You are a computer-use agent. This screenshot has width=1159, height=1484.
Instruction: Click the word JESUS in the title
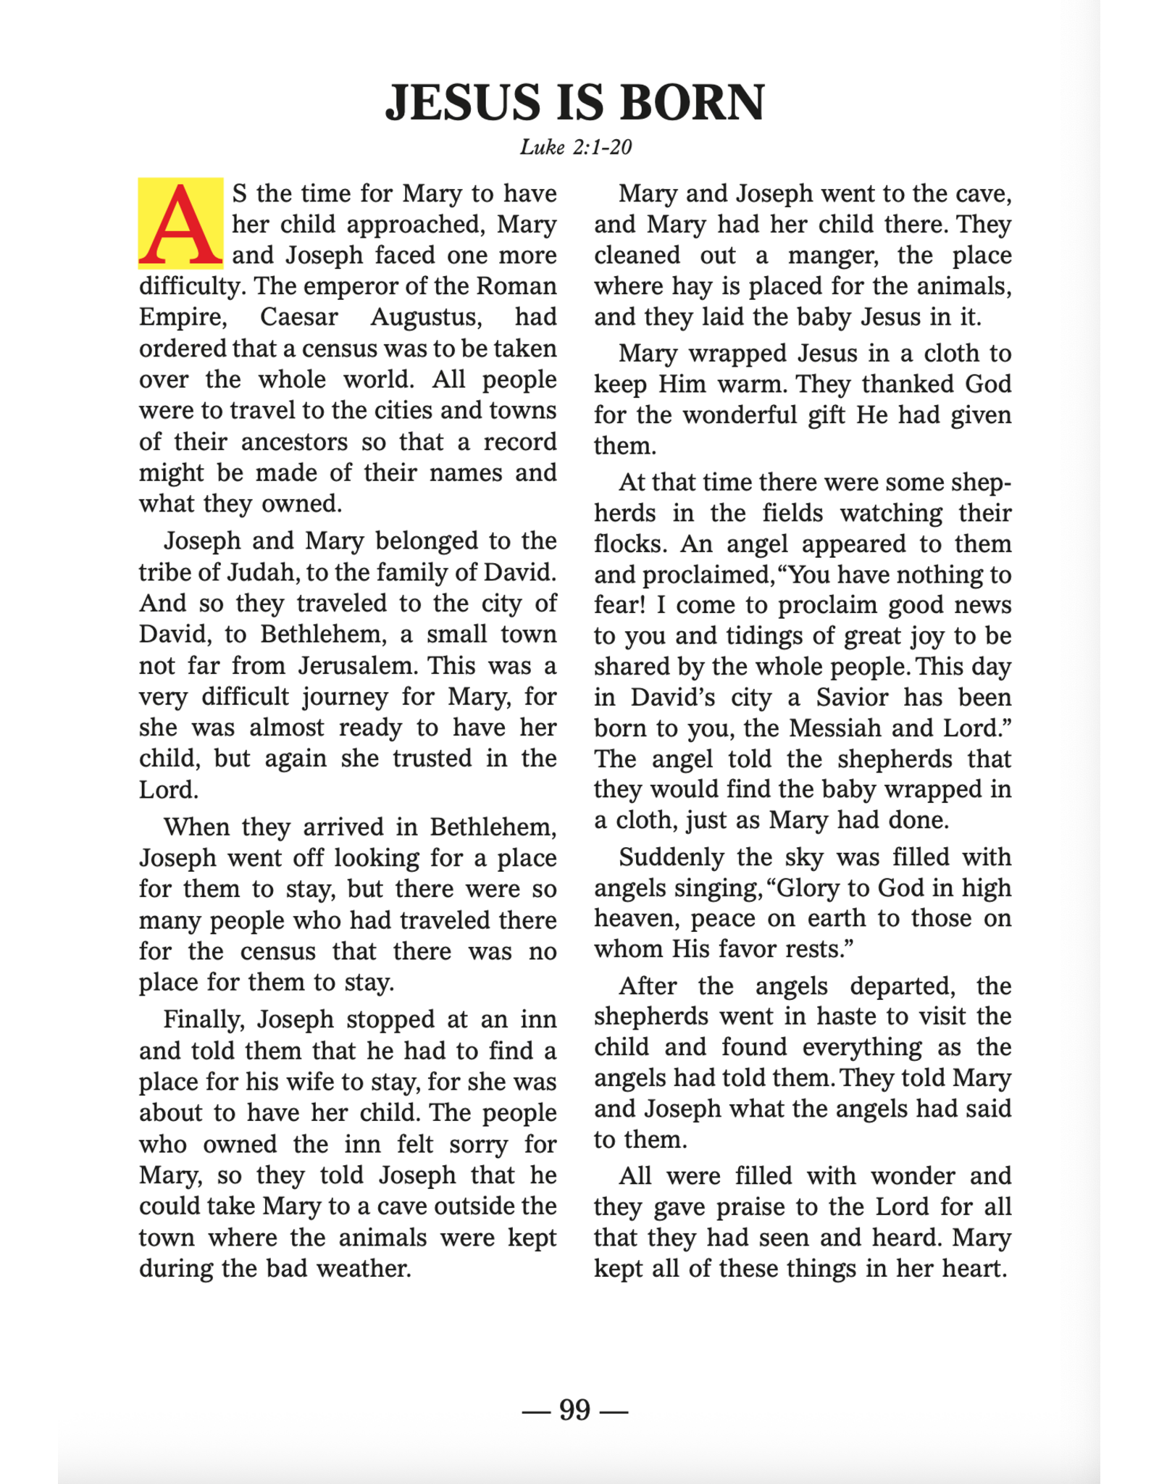[x=464, y=102]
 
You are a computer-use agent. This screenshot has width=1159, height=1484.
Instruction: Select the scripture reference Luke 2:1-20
[x=576, y=148]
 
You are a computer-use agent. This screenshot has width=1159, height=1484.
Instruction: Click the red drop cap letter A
[x=180, y=223]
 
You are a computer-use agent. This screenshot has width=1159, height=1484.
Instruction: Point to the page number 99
[x=575, y=1410]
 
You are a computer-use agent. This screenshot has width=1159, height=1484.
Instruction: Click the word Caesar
[x=299, y=317]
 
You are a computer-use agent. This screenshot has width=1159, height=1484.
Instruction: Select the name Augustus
[x=425, y=317]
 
